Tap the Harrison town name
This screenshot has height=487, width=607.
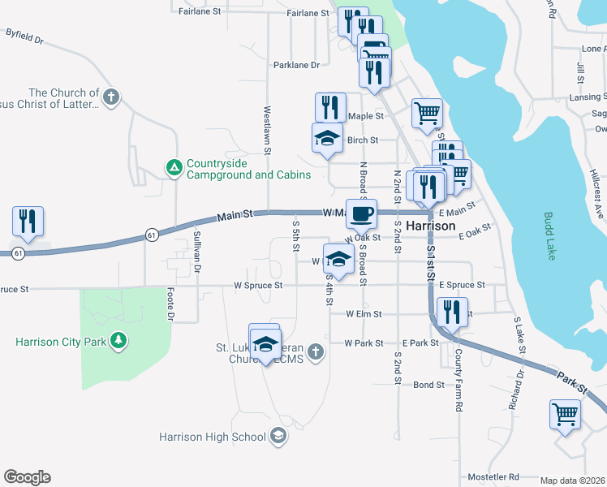coord(430,225)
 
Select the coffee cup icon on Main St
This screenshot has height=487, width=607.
coord(361,213)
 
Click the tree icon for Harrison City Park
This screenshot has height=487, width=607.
coord(119,340)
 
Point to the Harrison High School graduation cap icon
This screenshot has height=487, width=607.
coord(279,437)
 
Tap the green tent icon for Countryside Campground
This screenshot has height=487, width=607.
coord(173,168)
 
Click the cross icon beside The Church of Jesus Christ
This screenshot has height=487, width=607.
coord(112,98)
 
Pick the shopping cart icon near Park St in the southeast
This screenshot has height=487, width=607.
coord(565,414)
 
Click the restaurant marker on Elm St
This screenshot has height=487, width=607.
coord(452,312)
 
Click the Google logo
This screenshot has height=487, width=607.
coord(27,477)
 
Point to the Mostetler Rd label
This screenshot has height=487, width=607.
coord(493,476)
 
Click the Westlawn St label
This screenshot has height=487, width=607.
coord(266,129)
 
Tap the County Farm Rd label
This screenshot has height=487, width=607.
coord(458,378)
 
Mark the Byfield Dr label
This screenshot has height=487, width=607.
coord(24,36)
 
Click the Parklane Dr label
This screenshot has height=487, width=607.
coord(296,64)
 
